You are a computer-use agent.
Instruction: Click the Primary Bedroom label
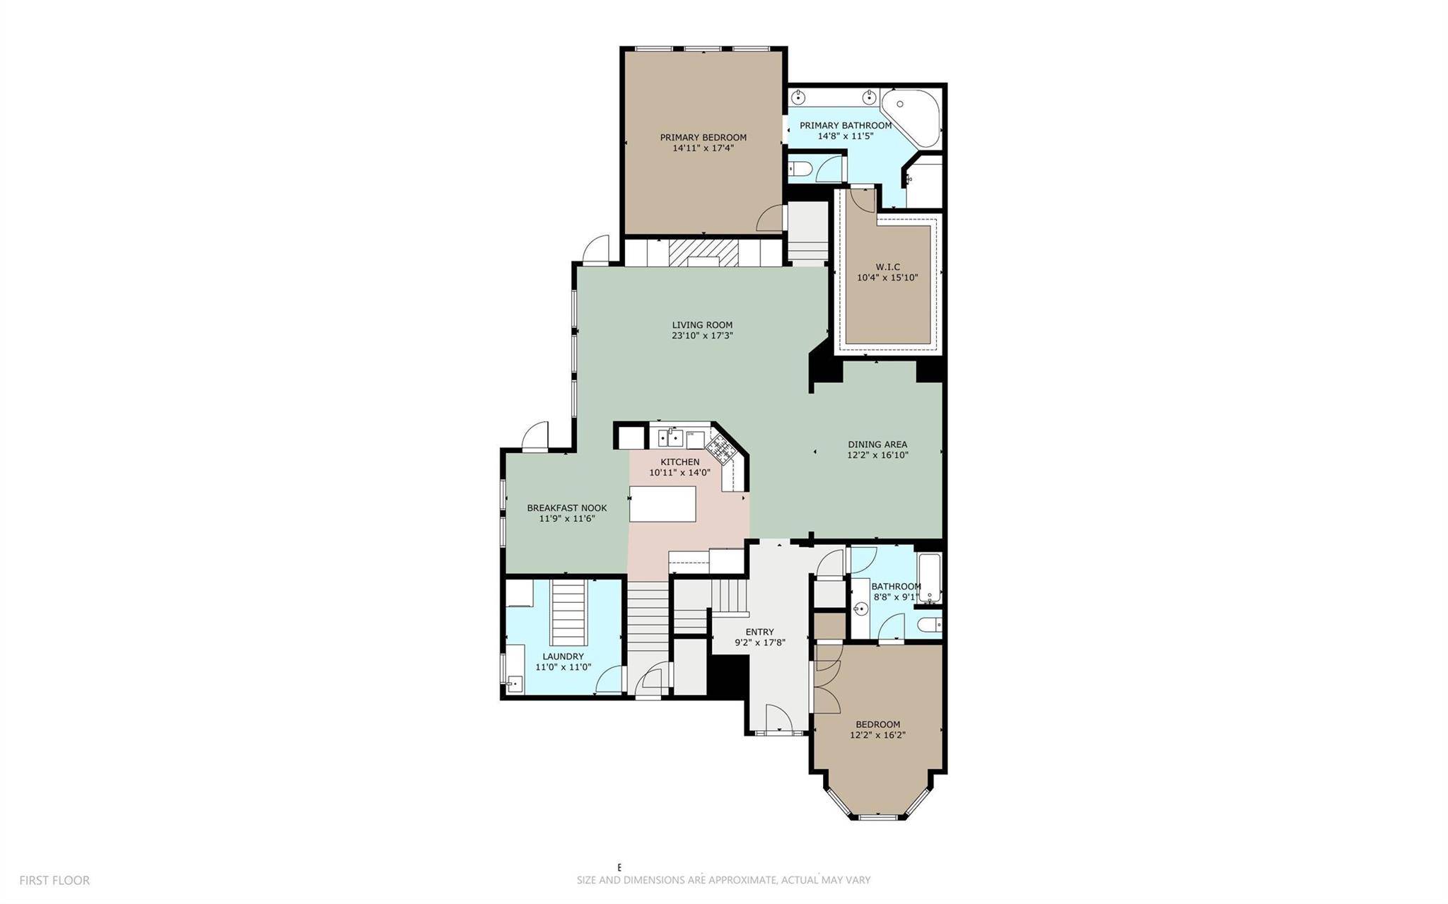pyautogui.click(x=703, y=137)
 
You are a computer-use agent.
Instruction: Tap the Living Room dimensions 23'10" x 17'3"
pyautogui.click(x=702, y=336)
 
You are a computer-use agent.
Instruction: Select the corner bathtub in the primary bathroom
pyautogui.click(x=912, y=119)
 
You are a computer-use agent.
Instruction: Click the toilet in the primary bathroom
pyautogui.click(x=800, y=169)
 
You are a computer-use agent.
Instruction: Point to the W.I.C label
pyautogui.click(x=887, y=266)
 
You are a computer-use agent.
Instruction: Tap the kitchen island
pyautogui.click(x=662, y=503)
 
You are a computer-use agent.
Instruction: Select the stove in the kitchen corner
pyautogui.click(x=718, y=447)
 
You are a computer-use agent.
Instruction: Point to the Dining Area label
pyautogui.click(x=877, y=445)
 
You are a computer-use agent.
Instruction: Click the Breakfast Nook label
pyautogui.click(x=566, y=507)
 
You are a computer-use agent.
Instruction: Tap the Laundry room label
pyautogui.click(x=563, y=656)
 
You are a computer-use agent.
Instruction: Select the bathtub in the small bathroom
pyautogui.click(x=929, y=578)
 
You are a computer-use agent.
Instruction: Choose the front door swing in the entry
pyautogui.click(x=778, y=717)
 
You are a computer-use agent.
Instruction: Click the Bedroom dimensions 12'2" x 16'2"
pyautogui.click(x=877, y=734)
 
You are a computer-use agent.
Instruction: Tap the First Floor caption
pyautogui.click(x=54, y=881)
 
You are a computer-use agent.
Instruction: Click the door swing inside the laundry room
pyautogui.click(x=609, y=679)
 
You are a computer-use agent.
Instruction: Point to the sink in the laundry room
pyautogui.click(x=514, y=683)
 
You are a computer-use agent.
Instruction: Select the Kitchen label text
pyautogui.click(x=679, y=462)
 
